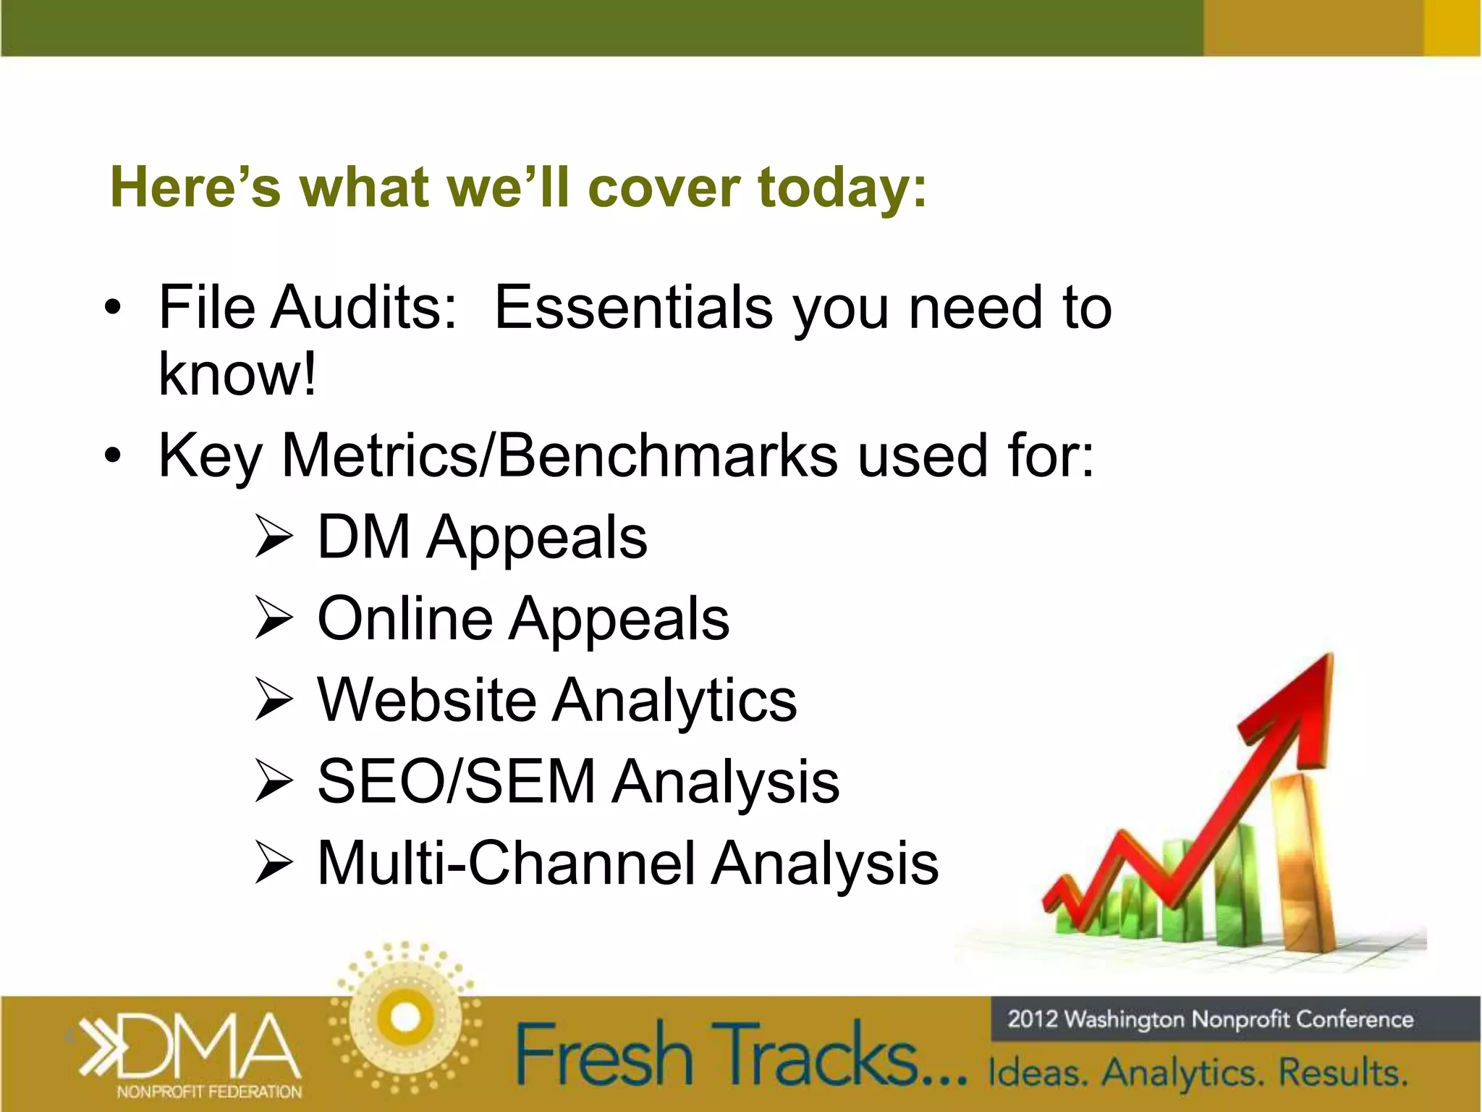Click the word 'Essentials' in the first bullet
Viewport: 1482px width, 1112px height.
point(633,308)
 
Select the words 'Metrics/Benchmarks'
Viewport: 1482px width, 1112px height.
point(559,456)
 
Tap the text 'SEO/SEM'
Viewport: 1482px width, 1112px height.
point(456,782)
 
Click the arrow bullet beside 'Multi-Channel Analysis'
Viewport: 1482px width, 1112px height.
point(274,864)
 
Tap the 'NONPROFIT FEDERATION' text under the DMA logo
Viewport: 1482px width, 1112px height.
point(209,1092)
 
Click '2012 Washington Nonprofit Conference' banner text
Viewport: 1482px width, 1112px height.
point(1210,1019)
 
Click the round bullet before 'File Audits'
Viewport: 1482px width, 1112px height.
point(112,309)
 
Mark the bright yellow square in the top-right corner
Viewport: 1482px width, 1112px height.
point(1452,28)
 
